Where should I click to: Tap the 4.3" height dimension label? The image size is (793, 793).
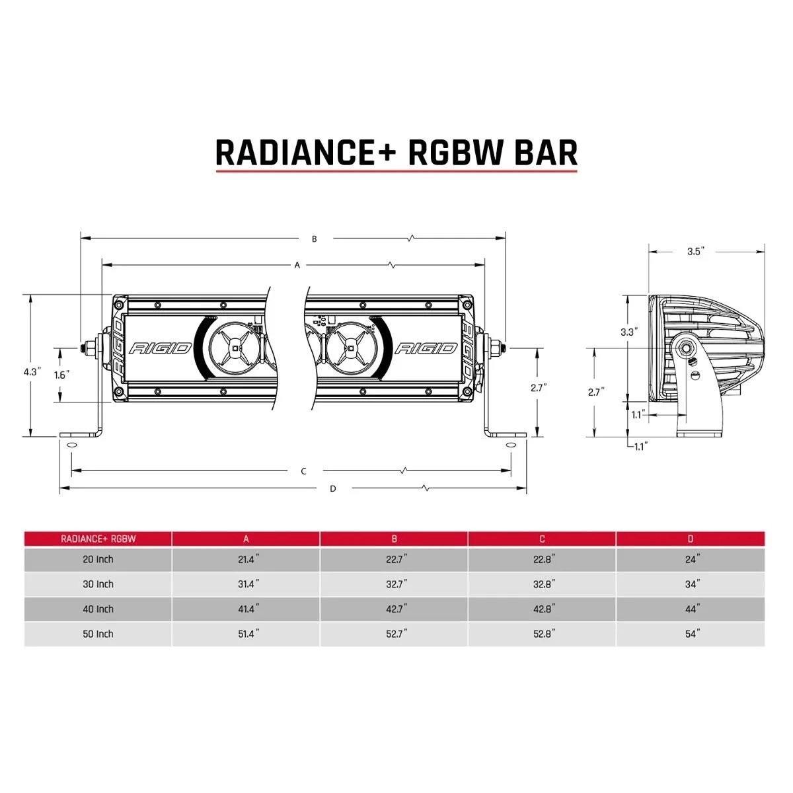(x=32, y=372)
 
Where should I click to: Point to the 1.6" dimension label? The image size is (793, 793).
(x=61, y=374)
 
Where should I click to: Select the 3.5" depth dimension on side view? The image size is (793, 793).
(x=696, y=251)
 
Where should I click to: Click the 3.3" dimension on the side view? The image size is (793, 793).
(x=628, y=332)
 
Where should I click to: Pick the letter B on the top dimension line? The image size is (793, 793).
(x=315, y=239)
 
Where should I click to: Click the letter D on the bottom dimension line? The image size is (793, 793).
(x=333, y=489)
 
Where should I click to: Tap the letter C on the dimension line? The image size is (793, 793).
(x=303, y=471)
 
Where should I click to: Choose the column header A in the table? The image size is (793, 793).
(x=246, y=539)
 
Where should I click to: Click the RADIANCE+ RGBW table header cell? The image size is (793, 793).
(x=98, y=539)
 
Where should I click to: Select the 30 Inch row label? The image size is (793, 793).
(x=98, y=584)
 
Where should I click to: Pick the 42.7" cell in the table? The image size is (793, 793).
(x=395, y=609)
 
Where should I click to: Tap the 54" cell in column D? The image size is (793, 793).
(x=691, y=634)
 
